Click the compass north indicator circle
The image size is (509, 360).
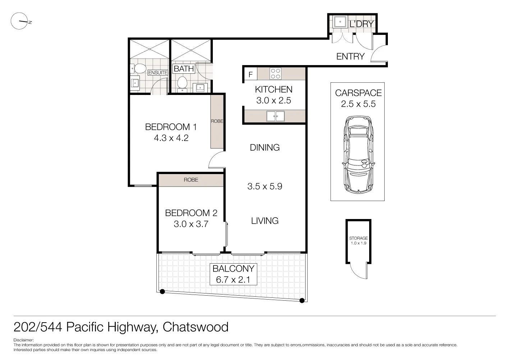pos(19,22)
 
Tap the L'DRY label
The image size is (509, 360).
pos(362,24)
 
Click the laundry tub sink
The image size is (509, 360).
pos(340,22)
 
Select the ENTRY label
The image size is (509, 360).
pos(350,56)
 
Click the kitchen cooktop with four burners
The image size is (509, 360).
pos(276,74)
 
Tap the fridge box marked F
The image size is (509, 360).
pos(251,75)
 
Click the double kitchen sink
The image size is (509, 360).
pos(275,116)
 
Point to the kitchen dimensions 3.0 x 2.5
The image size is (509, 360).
pos(274,101)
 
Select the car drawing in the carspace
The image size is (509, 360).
pos(358,155)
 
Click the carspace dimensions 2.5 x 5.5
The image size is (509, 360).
pos(358,104)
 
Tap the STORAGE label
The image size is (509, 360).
pos(358,238)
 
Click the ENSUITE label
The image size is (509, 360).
pos(158,73)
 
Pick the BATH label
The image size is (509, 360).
pos(184,68)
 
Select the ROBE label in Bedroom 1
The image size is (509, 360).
pos(217,121)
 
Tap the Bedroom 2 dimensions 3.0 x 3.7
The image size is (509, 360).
pos(191,224)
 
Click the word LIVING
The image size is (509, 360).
pos(265,221)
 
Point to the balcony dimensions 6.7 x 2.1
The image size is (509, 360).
pos(233,279)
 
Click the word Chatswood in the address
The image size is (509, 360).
pos(196,327)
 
